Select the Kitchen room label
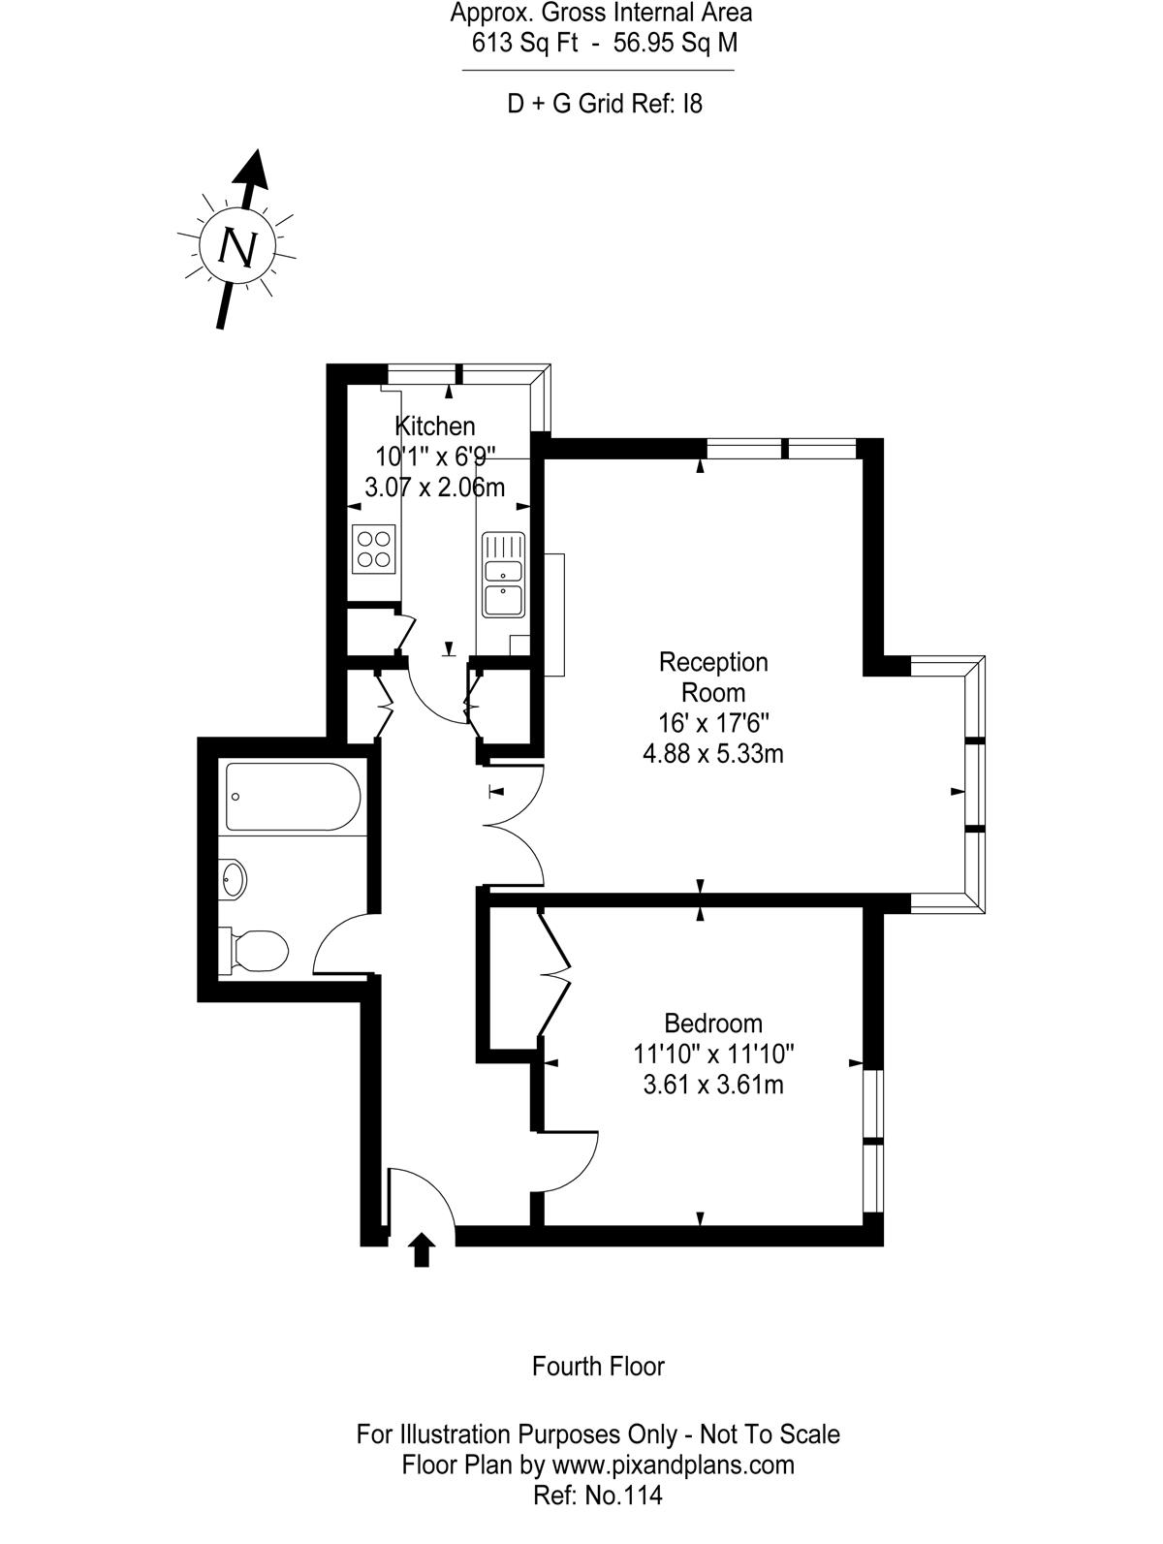tap(434, 426)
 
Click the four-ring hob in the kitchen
tap(374, 550)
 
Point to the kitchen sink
tap(503, 574)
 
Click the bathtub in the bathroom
tap(293, 797)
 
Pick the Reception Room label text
tap(713, 677)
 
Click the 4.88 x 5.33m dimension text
tap(713, 754)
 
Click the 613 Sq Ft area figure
tap(524, 44)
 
